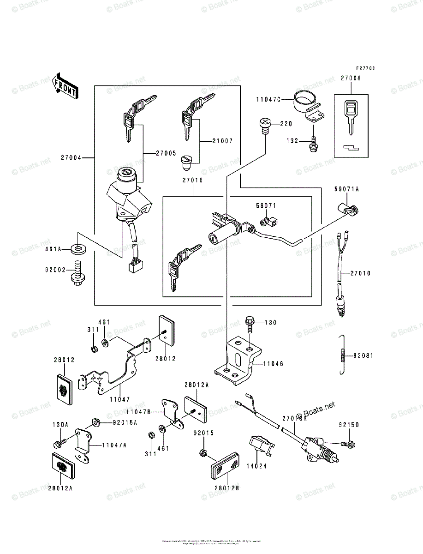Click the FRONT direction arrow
pyautogui.click(x=65, y=86)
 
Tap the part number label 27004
pyautogui.click(x=71, y=158)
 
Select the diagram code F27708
pyautogui.click(x=364, y=68)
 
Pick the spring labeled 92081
pyautogui.click(x=341, y=355)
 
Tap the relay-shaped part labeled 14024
pyautogui.click(x=261, y=446)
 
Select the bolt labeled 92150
pyautogui.click(x=348, y=444)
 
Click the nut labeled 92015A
pyautogui.click(x=96, y=422)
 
